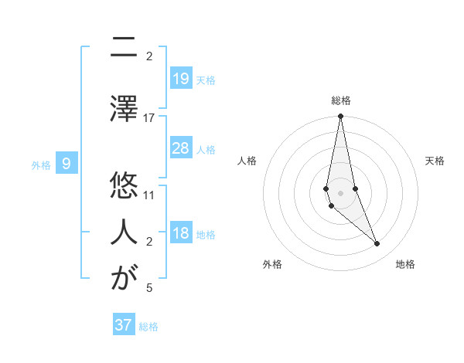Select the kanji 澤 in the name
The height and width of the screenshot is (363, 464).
(124, 107)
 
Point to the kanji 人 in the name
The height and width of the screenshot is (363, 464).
(124, 232)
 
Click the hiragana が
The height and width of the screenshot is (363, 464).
(124, 278)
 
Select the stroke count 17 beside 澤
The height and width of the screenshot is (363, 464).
(149, 117)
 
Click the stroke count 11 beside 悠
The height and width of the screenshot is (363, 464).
(149, 195)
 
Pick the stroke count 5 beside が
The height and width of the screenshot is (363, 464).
(149, 288)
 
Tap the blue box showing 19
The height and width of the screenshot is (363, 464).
(180, 78)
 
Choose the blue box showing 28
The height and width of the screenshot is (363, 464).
(180, 148)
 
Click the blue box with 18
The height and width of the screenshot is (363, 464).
(180, 233)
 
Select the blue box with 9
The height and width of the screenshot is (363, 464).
(67, 164)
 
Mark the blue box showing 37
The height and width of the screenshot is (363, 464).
(124, 325)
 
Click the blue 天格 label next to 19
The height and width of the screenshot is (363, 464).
(206, 80)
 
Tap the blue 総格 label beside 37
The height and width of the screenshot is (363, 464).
(148, 327)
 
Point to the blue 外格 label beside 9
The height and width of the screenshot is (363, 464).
(41, 165)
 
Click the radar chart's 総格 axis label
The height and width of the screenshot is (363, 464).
(341, 100)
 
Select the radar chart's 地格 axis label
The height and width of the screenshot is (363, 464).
(405, 265)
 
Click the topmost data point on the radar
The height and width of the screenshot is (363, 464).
(340, 117)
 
